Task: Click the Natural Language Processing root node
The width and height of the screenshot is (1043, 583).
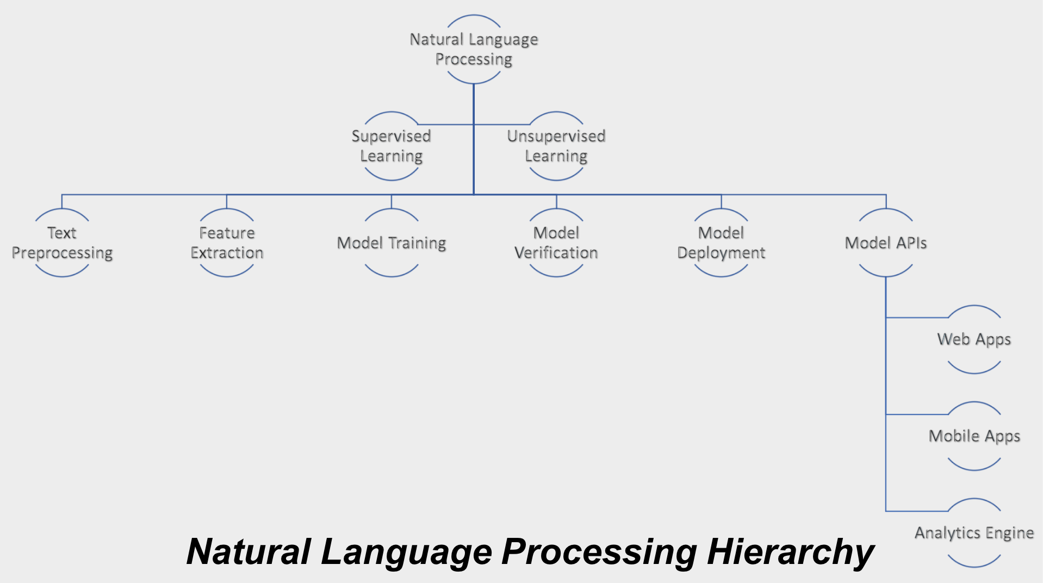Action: tap(474, 49)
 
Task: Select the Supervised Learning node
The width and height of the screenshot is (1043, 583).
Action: tap(391, 146)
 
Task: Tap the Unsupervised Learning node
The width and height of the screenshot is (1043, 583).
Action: tap(556, 146)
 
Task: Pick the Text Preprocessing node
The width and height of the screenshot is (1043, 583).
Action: tap(62, 243)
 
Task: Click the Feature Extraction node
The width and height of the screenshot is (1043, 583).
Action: tap(227, 243)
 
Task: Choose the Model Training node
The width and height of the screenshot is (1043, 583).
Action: tap(392, 243)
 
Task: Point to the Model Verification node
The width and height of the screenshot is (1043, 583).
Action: tap(556, 243)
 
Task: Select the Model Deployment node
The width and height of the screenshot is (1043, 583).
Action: tap(721, 243)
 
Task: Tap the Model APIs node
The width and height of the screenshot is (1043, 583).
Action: tap(886, 243)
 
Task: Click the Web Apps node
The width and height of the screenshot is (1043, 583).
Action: tap(974, 339)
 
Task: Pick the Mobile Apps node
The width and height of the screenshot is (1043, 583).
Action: tap(974, 436)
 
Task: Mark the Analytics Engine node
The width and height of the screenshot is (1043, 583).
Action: tap(974, 533)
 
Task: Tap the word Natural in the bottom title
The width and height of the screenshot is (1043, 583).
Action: tap(249, 551)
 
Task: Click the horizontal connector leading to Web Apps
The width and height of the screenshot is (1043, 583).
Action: tap(917, 318)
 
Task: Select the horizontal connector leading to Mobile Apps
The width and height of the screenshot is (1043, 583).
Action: tap(917, 414)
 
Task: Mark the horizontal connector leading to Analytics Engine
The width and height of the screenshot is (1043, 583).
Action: tap(917, 511)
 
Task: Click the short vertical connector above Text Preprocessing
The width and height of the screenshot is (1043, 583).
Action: tap(62, 201)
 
